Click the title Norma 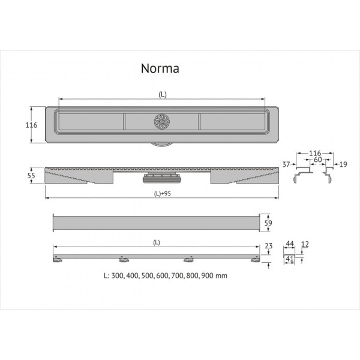[x=160, y=68]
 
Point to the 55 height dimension [x=34, y=175]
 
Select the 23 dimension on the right [x=268, y=245]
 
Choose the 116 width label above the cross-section [x=314, y=154]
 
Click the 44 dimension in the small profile [x=289, y=245]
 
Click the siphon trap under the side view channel [x=161, y=179]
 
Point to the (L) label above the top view [x=162, y=95]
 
